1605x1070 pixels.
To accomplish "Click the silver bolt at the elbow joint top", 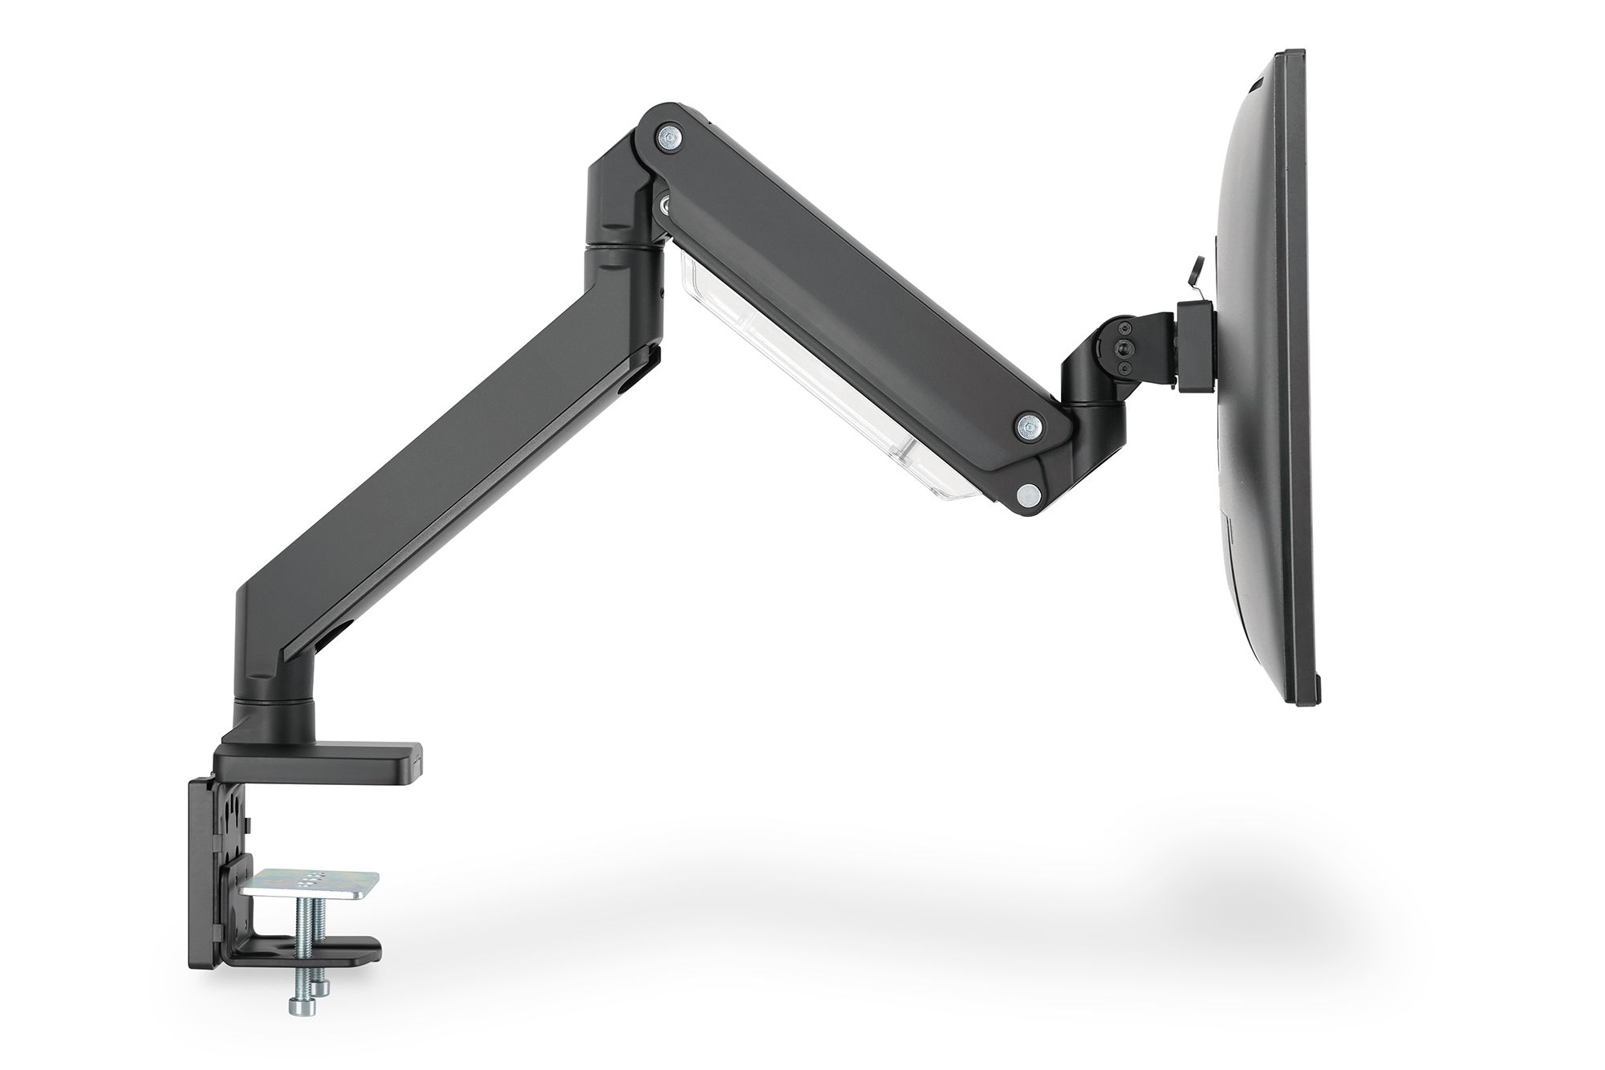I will tap(668, 136).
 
